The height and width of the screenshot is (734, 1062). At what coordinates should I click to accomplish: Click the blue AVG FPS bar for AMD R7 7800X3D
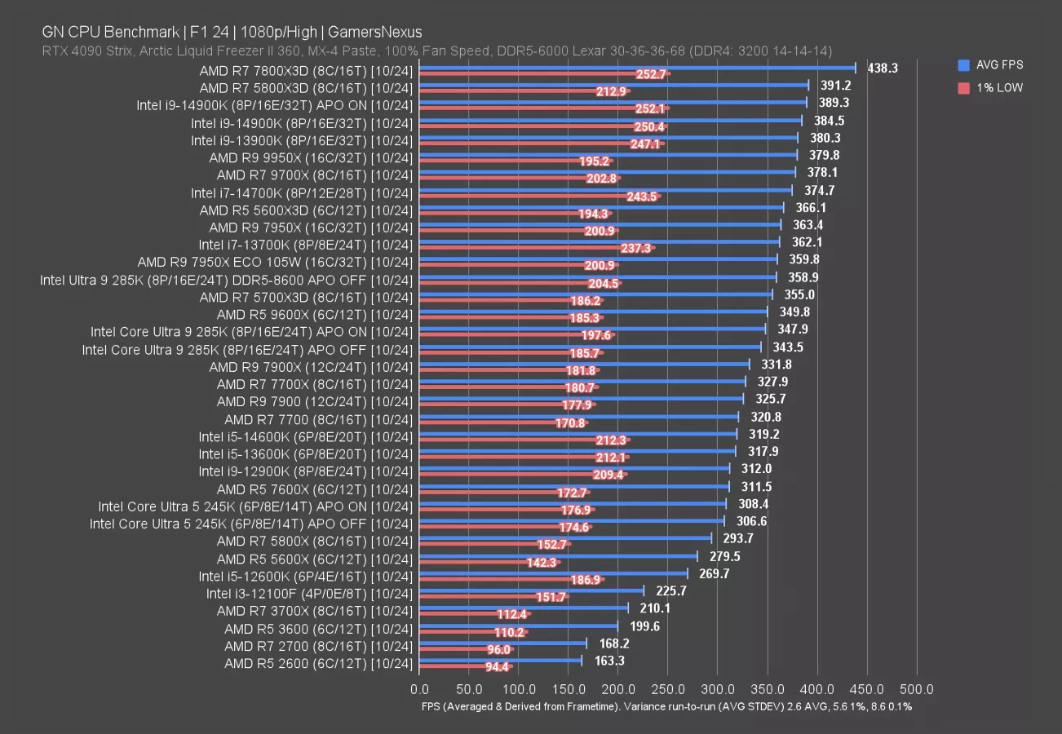pyautogui.click(x=636, y=68)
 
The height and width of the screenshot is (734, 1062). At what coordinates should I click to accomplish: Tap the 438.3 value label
pyautogui.click(x=882, y=69)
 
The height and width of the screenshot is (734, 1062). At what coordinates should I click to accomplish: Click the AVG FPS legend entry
pyautogui.click(x=998, y=65)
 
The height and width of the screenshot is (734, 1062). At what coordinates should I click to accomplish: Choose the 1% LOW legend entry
pyautogui.click(x=998, y=87)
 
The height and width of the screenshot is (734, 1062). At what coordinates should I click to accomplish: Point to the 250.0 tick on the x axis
pyautogui.click(x=669, y=689)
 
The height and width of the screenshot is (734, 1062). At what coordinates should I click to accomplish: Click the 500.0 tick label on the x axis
pyautogui.click(x=917, y=689)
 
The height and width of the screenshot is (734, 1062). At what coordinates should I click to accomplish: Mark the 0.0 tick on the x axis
pyautogui.click(x=419, y=689)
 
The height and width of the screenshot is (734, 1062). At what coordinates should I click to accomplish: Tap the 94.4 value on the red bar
pyautogui.click(x=497, y=667)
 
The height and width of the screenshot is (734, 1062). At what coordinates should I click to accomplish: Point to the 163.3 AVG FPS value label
pyautogui.click(x=609, y=661)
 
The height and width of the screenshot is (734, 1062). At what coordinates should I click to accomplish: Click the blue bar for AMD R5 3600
pyautogui.click(x=518, y=625)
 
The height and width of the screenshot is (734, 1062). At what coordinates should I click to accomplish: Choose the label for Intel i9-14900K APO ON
pyautogui.click(x=275, y=105)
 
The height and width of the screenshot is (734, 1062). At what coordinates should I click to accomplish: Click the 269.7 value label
pyautogui.click(x=715, y=574)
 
